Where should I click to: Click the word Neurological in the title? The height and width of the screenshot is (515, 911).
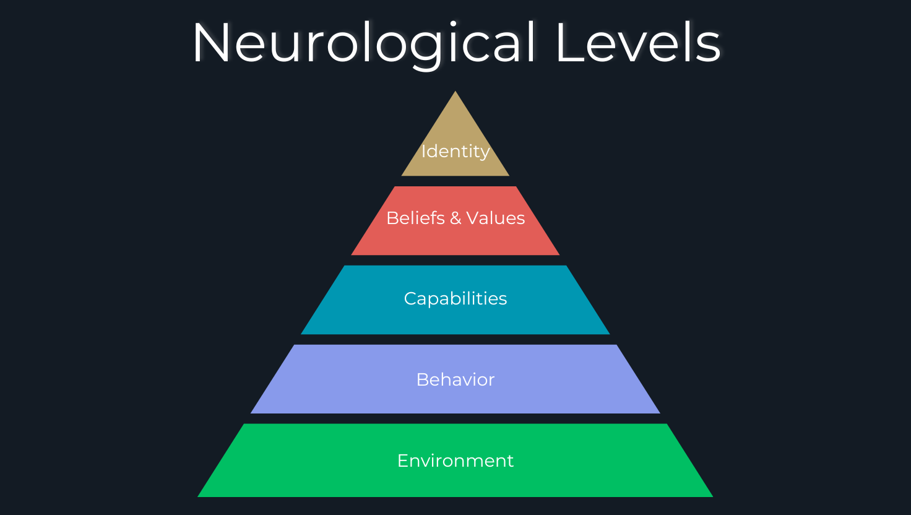pos(364,43)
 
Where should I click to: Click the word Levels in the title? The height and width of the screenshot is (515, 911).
pos(638,43)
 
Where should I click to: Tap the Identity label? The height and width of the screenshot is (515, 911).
pos(455,151)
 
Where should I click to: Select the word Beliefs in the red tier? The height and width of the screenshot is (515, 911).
pos(415,218)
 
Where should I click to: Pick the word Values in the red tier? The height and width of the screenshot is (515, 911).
pos(496,218)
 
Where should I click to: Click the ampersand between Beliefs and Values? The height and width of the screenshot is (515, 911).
pos(455,218)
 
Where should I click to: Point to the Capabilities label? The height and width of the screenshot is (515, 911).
pos(455,298)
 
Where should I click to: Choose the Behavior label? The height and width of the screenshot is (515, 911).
pos(455,379)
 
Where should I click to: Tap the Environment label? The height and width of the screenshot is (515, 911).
pos(455,461)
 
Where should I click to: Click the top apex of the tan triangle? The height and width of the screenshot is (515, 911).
pos(455,92)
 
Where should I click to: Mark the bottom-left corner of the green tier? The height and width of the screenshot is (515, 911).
pos(199,496)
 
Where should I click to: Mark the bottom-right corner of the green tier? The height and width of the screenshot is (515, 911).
pos(712,496)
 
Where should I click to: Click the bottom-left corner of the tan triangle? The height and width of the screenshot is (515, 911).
pos(402,175)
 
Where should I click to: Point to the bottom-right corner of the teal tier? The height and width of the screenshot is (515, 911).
pos(609,334)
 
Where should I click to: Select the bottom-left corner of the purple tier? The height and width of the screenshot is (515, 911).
pos(251,413)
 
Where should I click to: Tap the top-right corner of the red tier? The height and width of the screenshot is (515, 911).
pos(516,187)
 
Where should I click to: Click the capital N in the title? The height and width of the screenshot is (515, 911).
pos(210,43)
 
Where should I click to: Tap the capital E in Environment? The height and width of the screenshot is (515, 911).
pos(402,461)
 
